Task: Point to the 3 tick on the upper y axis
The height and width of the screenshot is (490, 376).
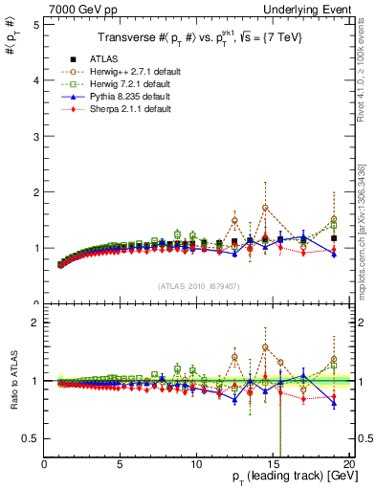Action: (35, 136)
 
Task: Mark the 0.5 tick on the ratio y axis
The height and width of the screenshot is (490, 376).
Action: (32, 437)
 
